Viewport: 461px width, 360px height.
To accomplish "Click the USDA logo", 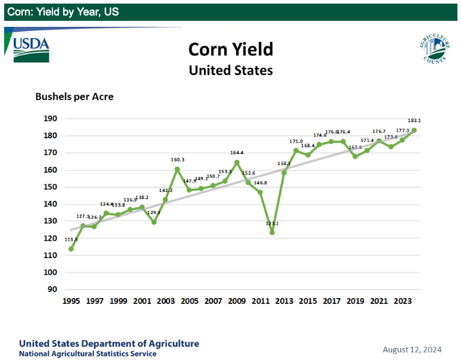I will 31,47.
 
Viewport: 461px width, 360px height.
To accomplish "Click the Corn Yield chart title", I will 230,49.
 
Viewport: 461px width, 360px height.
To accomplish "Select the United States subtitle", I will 230,70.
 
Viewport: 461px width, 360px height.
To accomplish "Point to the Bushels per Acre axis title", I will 75,97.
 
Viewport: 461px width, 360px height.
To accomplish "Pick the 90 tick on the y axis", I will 52,290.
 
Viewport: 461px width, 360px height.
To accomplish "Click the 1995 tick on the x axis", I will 71,302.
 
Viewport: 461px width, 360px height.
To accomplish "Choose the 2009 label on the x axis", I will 237,302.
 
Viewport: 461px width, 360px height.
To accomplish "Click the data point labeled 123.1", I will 272,232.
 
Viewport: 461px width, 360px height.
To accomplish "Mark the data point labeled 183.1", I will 414,130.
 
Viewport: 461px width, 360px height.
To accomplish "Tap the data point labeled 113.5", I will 71,249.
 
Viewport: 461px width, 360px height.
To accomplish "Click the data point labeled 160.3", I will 177,169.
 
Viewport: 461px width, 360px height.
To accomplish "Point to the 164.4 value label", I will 238,153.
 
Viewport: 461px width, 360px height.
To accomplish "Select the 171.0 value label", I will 296,141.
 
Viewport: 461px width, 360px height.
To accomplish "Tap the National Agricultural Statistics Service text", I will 88,353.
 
